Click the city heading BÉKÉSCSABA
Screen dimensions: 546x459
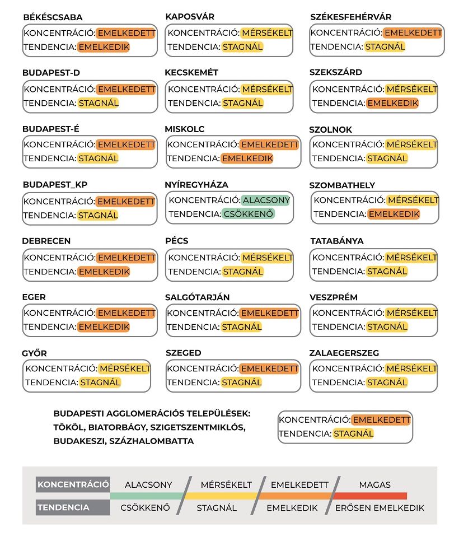(53, 18)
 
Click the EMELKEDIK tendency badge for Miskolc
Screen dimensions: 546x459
(247, 158)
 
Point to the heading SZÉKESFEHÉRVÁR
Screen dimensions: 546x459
(351, 17)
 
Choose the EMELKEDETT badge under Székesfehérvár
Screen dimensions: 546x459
(413, 33)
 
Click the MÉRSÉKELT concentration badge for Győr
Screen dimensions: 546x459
(124, 368)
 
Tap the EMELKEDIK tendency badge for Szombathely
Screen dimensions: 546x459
(394, 214)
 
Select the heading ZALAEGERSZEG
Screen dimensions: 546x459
(344, 353)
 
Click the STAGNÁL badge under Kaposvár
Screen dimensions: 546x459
(242, 47)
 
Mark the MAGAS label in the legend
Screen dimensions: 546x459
(375, 485)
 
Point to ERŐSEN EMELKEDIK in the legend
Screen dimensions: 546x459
(380, 508)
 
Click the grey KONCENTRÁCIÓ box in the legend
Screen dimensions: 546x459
(73, 484)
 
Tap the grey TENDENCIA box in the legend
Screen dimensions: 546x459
(73, 508)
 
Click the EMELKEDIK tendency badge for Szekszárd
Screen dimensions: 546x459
(392, 103)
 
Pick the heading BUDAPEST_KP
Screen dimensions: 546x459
(55, 185)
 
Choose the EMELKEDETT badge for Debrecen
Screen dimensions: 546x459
(126, 258)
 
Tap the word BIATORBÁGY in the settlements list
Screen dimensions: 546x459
(116, 427)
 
